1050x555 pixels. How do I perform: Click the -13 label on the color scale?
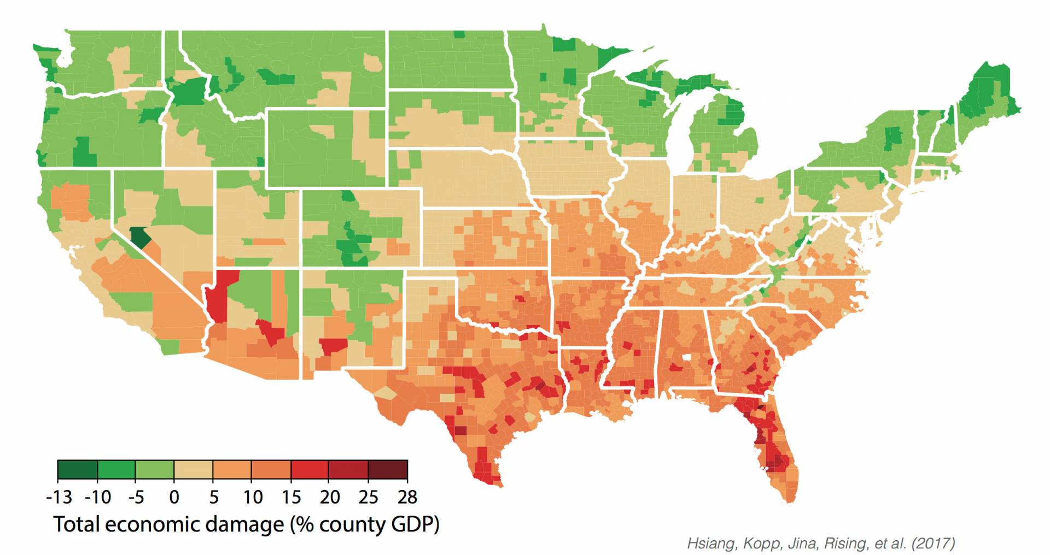(x=59, y=497)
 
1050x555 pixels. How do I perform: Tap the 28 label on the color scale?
(x=406, y=497)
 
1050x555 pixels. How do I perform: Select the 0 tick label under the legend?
(x=174, y=497)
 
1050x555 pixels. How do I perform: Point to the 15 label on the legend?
(x=291, y=497)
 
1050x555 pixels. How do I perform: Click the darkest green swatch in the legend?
(x=77, y=470)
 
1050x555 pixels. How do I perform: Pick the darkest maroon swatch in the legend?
(x=388, y=470)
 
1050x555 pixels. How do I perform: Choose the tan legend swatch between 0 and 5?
(x=193, y=470)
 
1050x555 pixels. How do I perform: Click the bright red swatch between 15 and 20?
(x=310, y=470)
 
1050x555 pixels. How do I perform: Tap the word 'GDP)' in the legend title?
(x=415, y=524)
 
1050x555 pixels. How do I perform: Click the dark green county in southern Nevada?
(x=141, y=238)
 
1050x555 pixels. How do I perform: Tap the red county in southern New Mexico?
(x=332, y=346)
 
